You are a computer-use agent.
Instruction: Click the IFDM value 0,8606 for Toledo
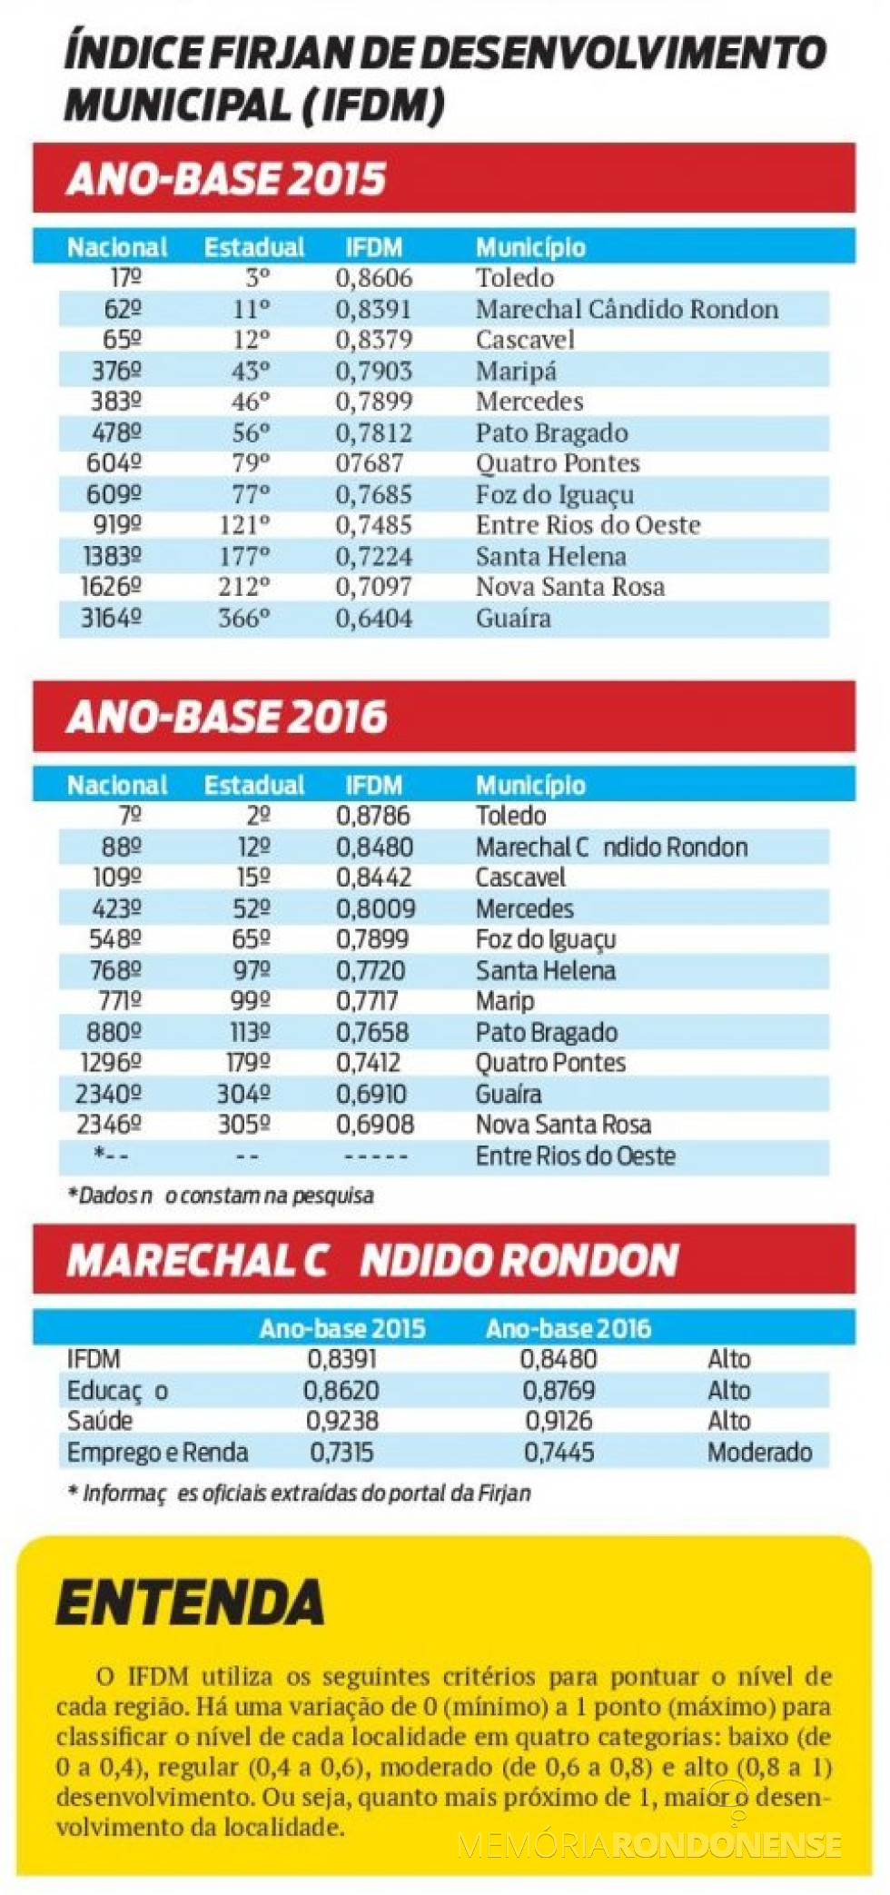click(x=373, y=278)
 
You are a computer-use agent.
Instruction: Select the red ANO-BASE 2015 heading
click(x=226, y=179)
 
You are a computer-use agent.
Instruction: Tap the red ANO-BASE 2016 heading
click(x=226, y=717)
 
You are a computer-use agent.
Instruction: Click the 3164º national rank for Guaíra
click(x=111, y=619)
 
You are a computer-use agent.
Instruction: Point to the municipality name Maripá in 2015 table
click(x=516, y=371)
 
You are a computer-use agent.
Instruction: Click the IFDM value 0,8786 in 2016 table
click(x=372, y=816)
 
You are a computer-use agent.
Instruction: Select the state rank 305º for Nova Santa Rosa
click(x=243, y=1125)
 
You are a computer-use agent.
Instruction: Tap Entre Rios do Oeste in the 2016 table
click(x=575, y=1156)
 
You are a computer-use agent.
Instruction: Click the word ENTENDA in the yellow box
click(x=190, y=1602)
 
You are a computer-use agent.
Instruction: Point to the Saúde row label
click(x=99, y=1422)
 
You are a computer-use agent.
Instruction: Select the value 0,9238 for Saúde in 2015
click(x=341, y=1422)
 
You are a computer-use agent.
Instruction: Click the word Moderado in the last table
click(x=759, y=1453)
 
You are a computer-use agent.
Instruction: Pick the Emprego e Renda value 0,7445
click(x=559, y=1453)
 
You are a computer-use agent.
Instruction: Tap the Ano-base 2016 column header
click(x=568, y=1329)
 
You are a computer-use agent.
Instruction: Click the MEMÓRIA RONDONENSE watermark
click(x=648, y=1843)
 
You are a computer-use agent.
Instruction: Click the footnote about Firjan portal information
click(x=299, y=1493)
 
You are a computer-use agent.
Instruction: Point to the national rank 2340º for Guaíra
click(x=108, y=1095)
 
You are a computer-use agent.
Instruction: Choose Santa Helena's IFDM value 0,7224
click(x=373, y=557)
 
